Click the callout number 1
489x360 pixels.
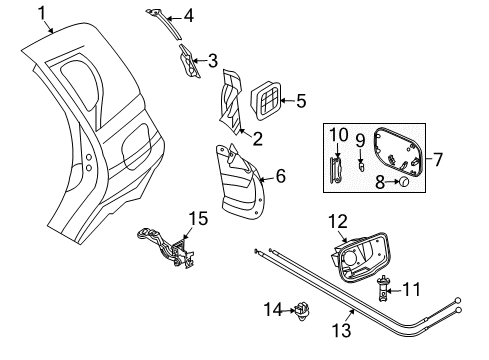pyautogui.click(x=43, y=12)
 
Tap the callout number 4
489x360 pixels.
pyautogui.click(x=189, y=16)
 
